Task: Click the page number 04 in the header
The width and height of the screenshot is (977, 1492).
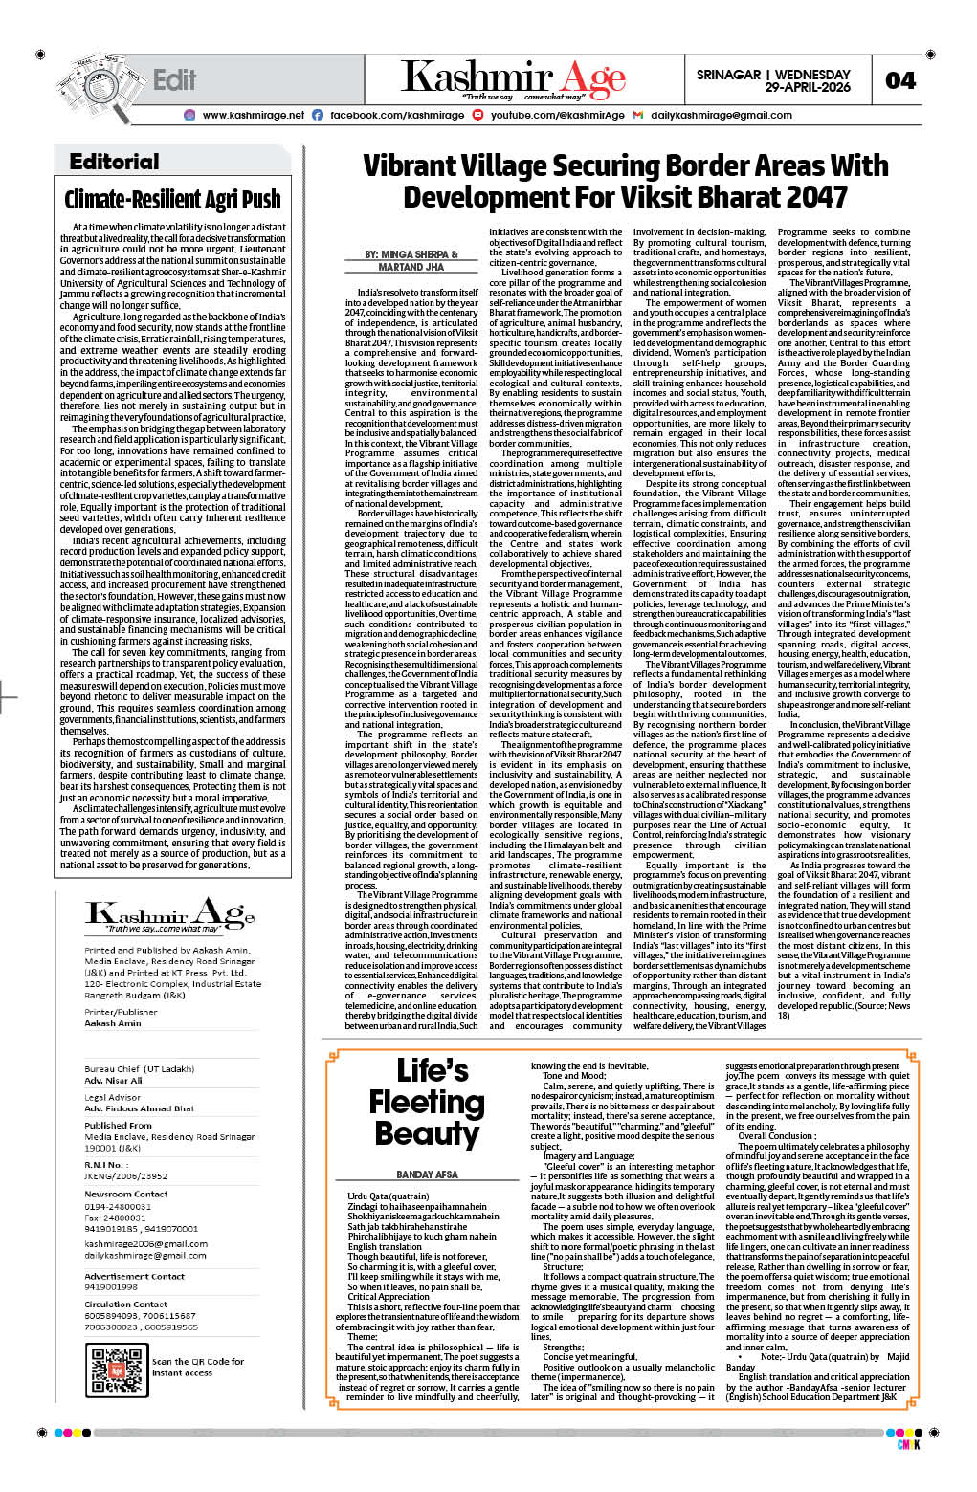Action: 899,80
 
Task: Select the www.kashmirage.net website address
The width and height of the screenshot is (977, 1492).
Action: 254,115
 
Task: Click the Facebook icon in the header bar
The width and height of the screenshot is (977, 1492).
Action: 318,115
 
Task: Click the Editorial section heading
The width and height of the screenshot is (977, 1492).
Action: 114,162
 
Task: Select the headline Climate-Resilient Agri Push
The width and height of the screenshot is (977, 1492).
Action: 172,200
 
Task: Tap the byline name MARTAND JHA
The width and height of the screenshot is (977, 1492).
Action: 411,267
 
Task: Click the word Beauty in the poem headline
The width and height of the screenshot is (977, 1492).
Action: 427,1133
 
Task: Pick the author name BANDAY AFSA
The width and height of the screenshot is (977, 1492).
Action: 427,1174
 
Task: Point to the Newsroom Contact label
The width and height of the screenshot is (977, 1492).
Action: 126,1194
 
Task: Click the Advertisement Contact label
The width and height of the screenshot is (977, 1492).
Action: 134,1276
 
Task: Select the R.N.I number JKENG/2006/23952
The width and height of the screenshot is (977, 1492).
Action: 126,1176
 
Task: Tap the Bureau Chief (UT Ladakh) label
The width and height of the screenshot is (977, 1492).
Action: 140,1068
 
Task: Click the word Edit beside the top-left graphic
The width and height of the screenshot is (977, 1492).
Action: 174,80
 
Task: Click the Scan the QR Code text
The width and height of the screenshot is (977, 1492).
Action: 198,1361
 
